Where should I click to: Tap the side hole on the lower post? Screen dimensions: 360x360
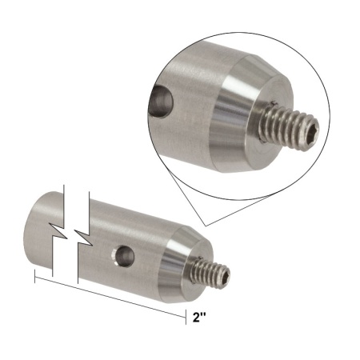coord(123,255)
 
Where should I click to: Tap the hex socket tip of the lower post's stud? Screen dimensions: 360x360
coord(226,278)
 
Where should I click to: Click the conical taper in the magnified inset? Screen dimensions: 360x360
coord(236,104)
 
